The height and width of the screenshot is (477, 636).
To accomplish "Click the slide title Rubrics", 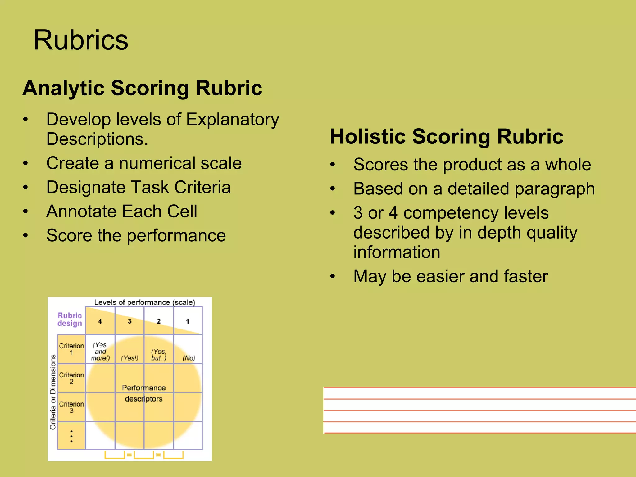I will [81, 40].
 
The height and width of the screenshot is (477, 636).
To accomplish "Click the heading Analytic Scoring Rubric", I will [142, 88].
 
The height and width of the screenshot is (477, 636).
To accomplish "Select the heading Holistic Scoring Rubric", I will [446, 137].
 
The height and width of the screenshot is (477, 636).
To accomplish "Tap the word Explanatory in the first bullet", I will [233, 120].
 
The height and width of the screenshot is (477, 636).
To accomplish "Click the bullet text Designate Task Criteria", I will [139, 188].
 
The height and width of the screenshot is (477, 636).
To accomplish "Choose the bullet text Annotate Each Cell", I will [121, 212].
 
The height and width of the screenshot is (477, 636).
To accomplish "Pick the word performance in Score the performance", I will [176, 236].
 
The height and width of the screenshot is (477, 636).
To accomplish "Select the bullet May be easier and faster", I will [450, 276].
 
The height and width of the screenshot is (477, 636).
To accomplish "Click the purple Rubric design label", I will [70, 320].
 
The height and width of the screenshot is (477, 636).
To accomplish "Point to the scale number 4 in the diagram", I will [100, 321].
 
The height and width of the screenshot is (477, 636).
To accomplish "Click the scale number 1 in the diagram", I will [188, 321].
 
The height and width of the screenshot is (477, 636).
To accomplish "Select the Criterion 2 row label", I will [71, 378].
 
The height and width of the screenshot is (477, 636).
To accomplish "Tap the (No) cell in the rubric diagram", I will [189, 358].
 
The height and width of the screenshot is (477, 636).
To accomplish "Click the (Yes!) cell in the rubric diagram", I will [129, 358].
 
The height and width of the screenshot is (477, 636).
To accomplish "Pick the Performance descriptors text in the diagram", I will [144, 393].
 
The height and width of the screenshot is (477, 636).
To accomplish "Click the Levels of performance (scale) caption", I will [145, 302].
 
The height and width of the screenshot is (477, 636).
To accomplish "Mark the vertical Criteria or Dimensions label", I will [53, 392].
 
